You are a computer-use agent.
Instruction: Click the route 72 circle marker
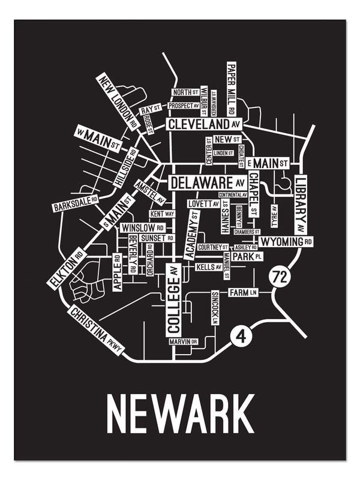click(278, 277)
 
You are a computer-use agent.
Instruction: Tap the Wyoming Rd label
click(286, 241)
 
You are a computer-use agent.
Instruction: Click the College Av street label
click(173, 300)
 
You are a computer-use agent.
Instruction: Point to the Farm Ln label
click(243, 292)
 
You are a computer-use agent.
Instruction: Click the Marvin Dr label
click(183, 341)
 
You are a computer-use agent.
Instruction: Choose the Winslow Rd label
click(143, 228)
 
